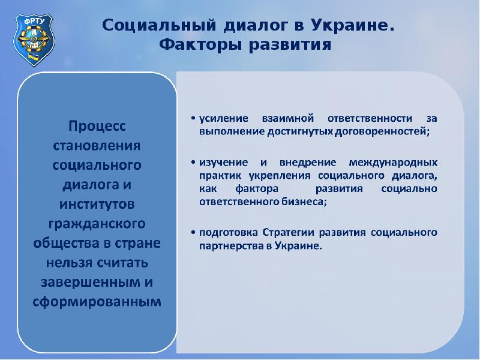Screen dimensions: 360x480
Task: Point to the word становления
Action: (96, 146)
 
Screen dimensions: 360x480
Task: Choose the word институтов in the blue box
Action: (96, 205)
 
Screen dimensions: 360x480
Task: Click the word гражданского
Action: (96, 224)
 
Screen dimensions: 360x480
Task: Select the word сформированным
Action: (96, 301)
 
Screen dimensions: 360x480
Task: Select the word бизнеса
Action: (307, 202)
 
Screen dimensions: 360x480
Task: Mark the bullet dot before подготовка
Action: (193, 232)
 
